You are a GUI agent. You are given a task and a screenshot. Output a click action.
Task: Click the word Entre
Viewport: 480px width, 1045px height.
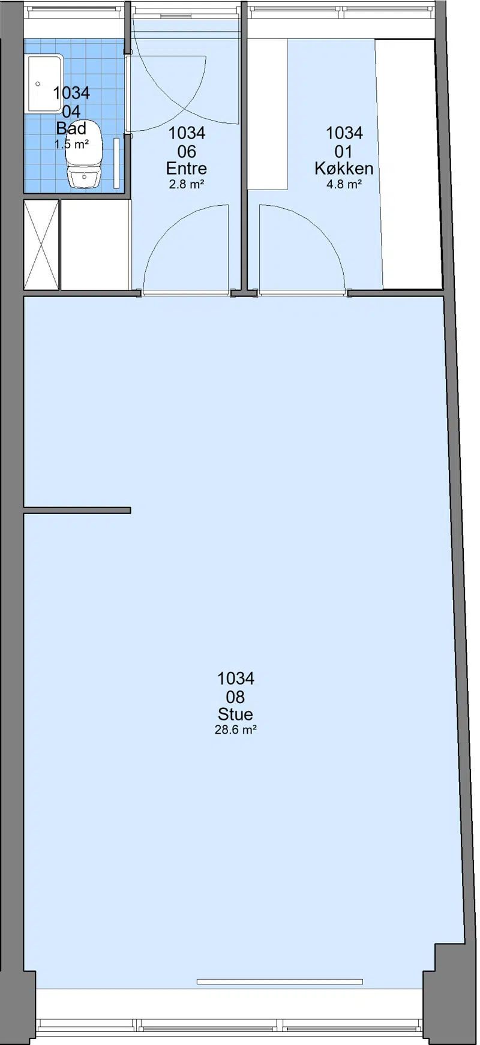point(187,168)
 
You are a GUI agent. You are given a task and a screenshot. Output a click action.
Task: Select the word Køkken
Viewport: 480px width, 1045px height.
point(344,168)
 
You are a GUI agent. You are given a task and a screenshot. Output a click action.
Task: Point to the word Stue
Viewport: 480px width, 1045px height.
point(236,714)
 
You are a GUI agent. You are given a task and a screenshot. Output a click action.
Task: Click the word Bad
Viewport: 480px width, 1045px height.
point(71,128)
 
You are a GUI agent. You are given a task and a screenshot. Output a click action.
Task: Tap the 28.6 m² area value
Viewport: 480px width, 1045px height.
point(236,730)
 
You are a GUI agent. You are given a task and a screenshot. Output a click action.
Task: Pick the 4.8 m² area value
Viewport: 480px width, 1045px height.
point(344,184)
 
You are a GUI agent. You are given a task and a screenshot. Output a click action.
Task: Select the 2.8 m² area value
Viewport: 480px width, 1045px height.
point(187,184)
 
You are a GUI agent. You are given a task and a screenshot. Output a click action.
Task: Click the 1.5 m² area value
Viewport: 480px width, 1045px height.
point(71,144)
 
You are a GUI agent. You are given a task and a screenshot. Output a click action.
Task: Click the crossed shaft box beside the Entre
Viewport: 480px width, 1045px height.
point(41,244)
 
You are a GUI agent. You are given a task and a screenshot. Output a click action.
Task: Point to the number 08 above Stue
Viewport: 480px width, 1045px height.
point(236,696)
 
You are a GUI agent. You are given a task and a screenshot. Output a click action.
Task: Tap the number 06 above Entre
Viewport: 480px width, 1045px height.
point(187,151)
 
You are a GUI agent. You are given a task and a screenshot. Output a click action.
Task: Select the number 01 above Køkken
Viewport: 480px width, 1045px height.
point(344,151)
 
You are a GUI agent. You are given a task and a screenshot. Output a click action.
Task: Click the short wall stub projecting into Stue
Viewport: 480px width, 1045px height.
point(77,511)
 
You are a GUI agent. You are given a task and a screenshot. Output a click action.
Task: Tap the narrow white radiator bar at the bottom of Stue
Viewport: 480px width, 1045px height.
point(280,981)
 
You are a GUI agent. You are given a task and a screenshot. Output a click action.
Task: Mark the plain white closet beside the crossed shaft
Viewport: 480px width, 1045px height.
point(95,244)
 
